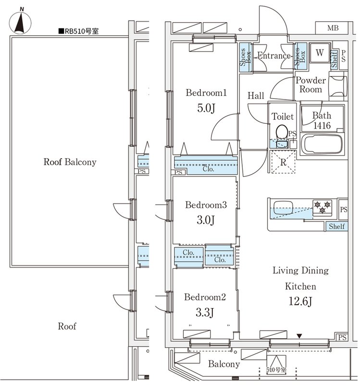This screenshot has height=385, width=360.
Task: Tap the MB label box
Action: tap(332, 28)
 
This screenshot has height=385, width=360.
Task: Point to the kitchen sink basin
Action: tap(283, 208)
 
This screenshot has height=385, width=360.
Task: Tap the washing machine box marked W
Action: tap(320, 52)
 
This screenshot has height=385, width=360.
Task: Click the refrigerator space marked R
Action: tap(283, 162)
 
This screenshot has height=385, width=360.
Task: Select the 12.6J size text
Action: tap(300, 301)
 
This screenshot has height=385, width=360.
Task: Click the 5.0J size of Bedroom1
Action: tap(206, 108)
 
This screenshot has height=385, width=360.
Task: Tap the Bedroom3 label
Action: tap(206, 205)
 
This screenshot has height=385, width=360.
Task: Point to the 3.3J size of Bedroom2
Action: tap(205, 312)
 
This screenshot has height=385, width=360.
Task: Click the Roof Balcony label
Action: tap(70, 162)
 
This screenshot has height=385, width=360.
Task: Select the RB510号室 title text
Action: tap(78, 31)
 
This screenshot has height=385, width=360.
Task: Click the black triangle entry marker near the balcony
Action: tap(299, 335)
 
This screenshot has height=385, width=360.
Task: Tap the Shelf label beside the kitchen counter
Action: tap(337, 226)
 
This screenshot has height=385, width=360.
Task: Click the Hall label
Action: tap(256, 95)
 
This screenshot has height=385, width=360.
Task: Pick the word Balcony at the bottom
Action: tap(224, 364)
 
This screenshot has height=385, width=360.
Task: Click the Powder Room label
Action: tap(310, 85)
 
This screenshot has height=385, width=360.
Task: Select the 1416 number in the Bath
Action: tap(322, 126)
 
